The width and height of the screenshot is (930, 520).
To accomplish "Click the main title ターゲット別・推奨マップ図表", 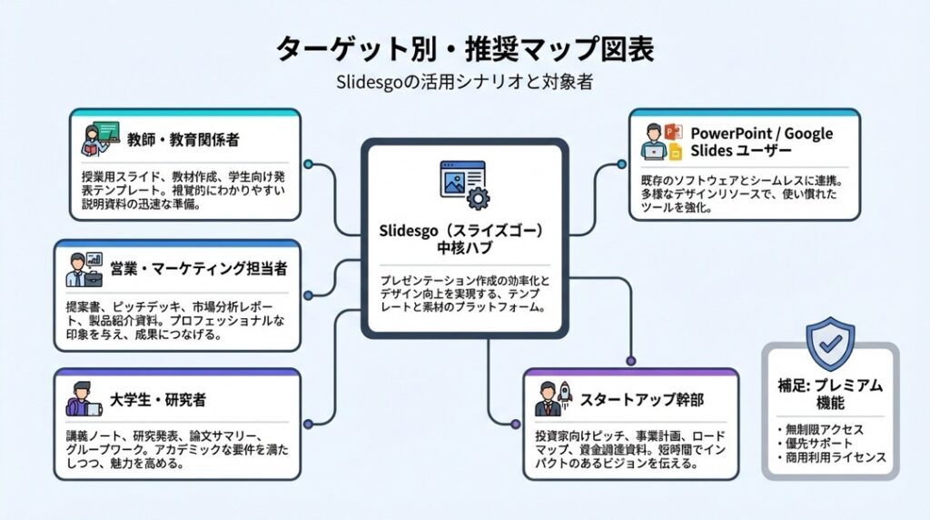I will point(464,47).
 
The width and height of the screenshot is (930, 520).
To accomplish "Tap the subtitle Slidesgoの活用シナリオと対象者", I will point(464,81).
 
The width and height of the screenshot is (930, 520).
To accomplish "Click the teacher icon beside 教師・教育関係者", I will point(96,141).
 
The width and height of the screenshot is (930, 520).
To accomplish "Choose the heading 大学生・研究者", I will point(160,399).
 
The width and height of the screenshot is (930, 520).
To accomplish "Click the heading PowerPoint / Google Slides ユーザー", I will point(761,142).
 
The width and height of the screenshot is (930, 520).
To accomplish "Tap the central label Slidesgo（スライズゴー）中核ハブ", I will point(464,241).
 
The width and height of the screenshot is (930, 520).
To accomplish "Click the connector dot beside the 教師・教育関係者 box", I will point(310,165).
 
